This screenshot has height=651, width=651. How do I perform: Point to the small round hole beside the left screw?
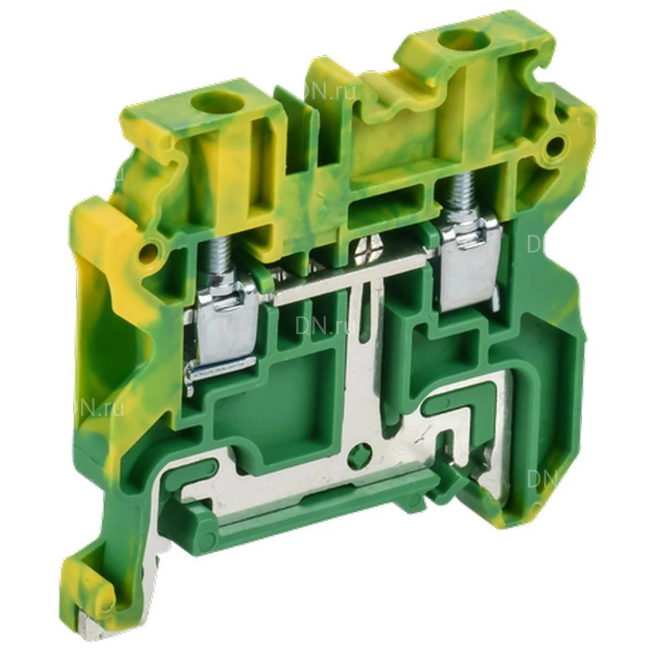[x=154, y=250]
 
